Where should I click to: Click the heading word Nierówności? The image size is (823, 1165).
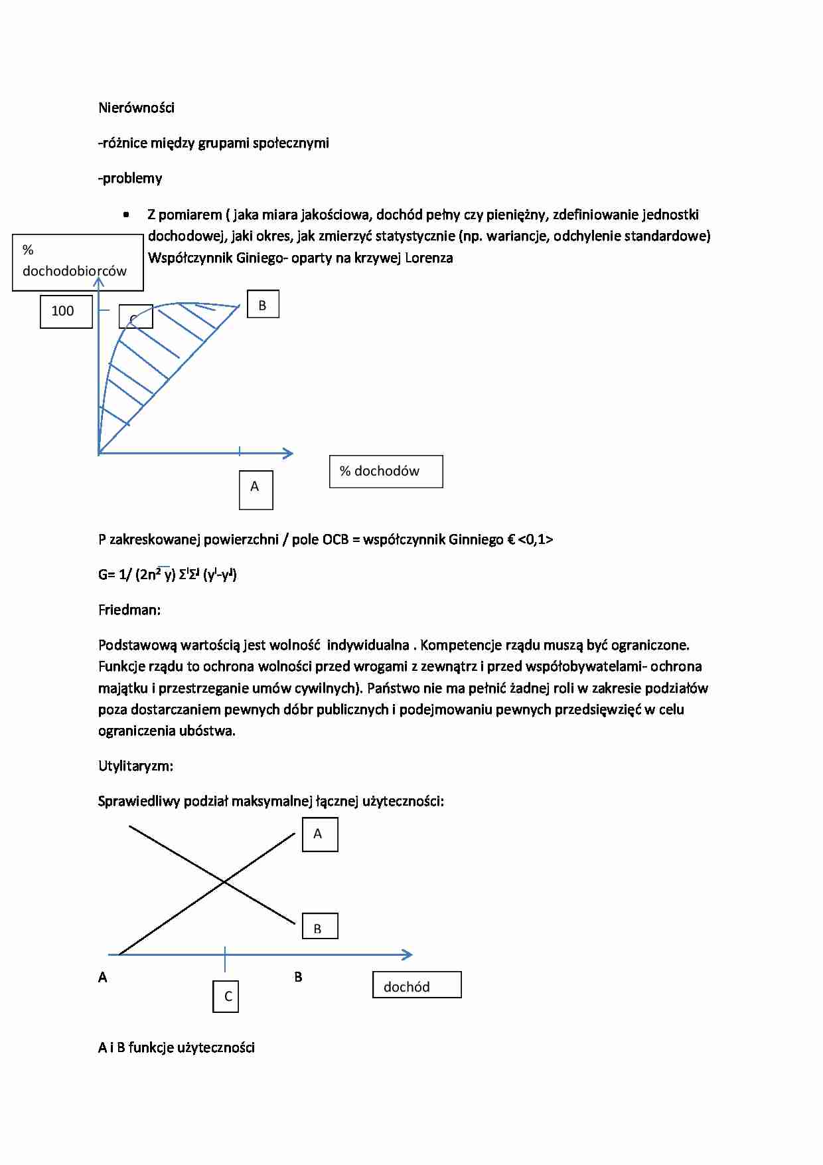136,108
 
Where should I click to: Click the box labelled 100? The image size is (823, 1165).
66,311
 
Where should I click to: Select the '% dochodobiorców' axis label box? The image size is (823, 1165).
77,262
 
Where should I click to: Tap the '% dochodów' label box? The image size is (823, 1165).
386,472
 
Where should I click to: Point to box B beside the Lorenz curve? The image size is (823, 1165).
263,305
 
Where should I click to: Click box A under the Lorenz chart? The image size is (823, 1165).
256,490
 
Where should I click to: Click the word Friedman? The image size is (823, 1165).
129,610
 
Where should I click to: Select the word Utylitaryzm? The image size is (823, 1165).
135,766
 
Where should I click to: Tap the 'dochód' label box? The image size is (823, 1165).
417,985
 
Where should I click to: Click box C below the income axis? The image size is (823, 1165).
226,996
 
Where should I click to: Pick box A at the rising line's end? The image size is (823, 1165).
320,834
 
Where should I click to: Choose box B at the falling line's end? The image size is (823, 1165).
320,927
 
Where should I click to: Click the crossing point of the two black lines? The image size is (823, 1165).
224,882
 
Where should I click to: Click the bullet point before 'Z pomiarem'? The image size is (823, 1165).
126,215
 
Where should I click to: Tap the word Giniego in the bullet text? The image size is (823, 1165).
259,258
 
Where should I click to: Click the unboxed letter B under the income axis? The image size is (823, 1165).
298,977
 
